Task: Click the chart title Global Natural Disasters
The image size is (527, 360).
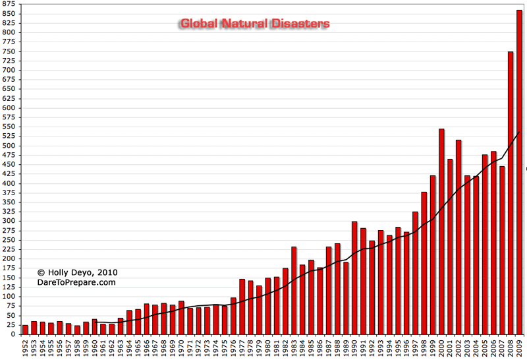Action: click(x=256, y=24)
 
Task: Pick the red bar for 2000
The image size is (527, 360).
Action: click(x=441, y=231)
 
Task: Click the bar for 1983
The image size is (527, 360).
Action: click(x=294, y=290)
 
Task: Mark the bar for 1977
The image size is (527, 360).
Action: click(x=242, y=306)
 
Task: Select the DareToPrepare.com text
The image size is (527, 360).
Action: click(x=76, y=282)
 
